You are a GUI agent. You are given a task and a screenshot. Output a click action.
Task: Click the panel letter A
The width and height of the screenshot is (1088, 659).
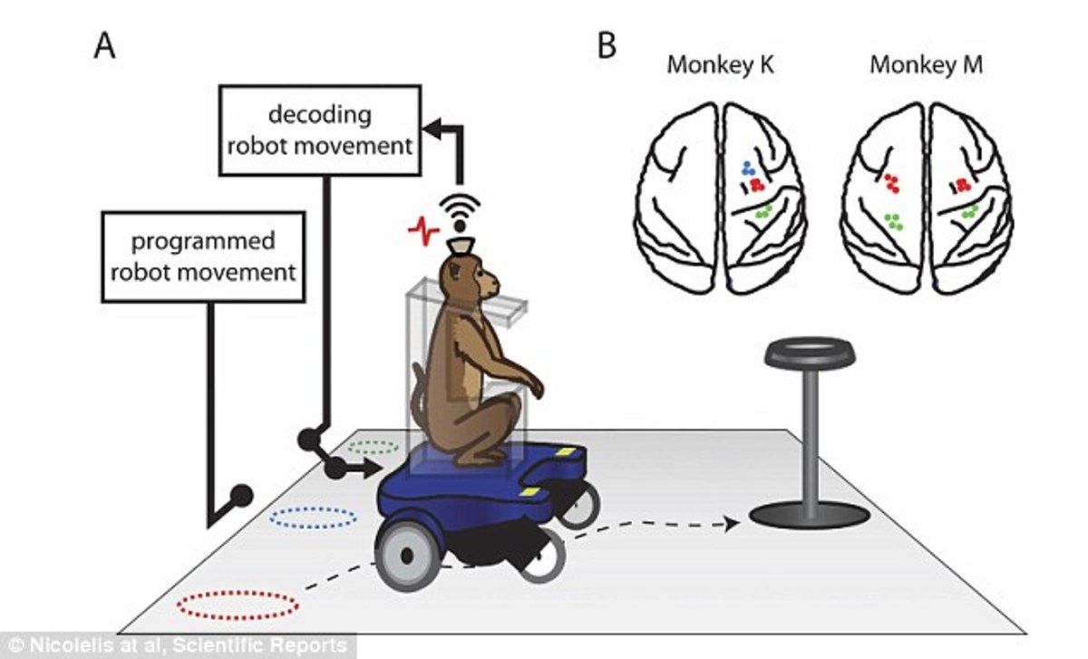[105, 44]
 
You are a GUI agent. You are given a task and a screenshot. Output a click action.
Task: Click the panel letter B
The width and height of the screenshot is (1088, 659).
[607, 44]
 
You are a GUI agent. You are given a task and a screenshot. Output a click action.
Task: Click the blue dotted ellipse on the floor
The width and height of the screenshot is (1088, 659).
[314, 518]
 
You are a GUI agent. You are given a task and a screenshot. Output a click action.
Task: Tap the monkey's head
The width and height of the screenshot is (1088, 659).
[468, 277]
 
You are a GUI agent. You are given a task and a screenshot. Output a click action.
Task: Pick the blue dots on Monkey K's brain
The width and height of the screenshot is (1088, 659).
[746, 168]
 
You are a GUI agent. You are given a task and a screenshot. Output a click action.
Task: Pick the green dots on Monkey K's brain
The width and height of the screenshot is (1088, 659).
[763, 211]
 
